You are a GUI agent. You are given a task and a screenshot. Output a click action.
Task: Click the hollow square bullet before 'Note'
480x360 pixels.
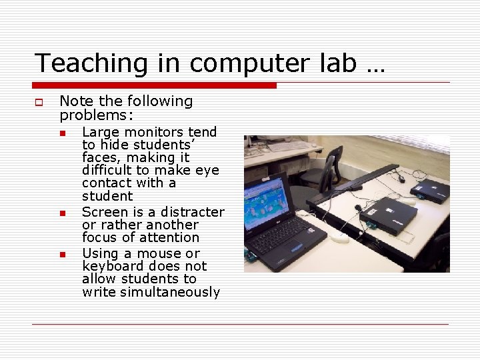(x=39, y=102)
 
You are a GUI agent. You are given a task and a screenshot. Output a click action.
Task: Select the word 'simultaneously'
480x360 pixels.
(x=170, y=292)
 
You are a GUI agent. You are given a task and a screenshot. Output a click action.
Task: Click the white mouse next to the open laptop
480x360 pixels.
(x=340, y=237)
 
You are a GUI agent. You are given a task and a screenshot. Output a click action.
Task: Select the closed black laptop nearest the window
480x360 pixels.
(x=429, y=190)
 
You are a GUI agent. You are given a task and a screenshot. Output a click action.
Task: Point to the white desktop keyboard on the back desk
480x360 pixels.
(x=288, y=146)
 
